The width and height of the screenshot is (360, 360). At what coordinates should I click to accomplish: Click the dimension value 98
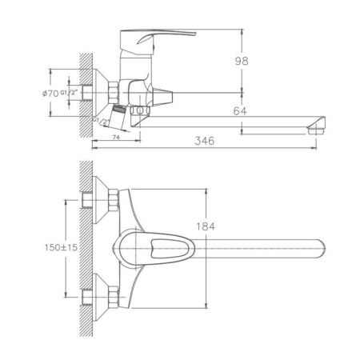pos(242,61)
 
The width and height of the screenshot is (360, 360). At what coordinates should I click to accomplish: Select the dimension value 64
pos(240,111)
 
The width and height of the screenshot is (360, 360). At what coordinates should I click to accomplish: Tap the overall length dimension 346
pos(204,141)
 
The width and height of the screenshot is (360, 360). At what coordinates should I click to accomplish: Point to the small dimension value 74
pos(116,138)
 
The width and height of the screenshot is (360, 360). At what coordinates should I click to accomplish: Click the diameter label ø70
pos(50,94)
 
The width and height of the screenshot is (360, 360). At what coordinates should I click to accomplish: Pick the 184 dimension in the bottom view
pos(206,226)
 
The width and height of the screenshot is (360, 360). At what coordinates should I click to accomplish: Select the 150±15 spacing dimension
pos(61,247)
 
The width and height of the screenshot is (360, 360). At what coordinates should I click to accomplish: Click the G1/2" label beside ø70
pos(69,93)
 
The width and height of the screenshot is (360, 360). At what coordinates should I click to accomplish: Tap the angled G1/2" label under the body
pos(102,121)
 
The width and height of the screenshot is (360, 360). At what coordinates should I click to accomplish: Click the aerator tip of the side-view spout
pos(316,130)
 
